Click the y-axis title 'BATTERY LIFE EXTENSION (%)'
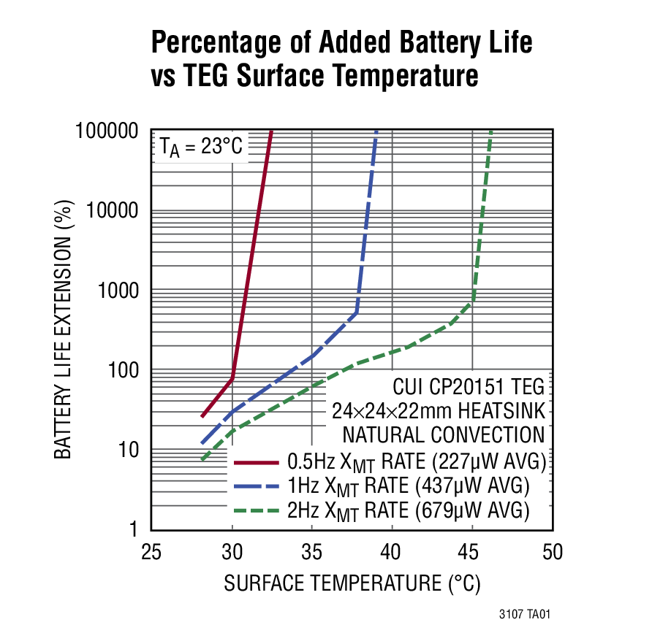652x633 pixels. pos(64,329)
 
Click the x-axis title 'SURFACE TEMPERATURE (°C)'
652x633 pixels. pos(352,583)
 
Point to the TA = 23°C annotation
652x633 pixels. pos(201,147)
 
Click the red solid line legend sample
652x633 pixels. pos(256,462)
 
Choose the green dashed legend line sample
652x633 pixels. pos(256,509)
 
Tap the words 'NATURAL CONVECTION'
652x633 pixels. pos(444,435)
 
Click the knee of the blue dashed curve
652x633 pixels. pos(357,312)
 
